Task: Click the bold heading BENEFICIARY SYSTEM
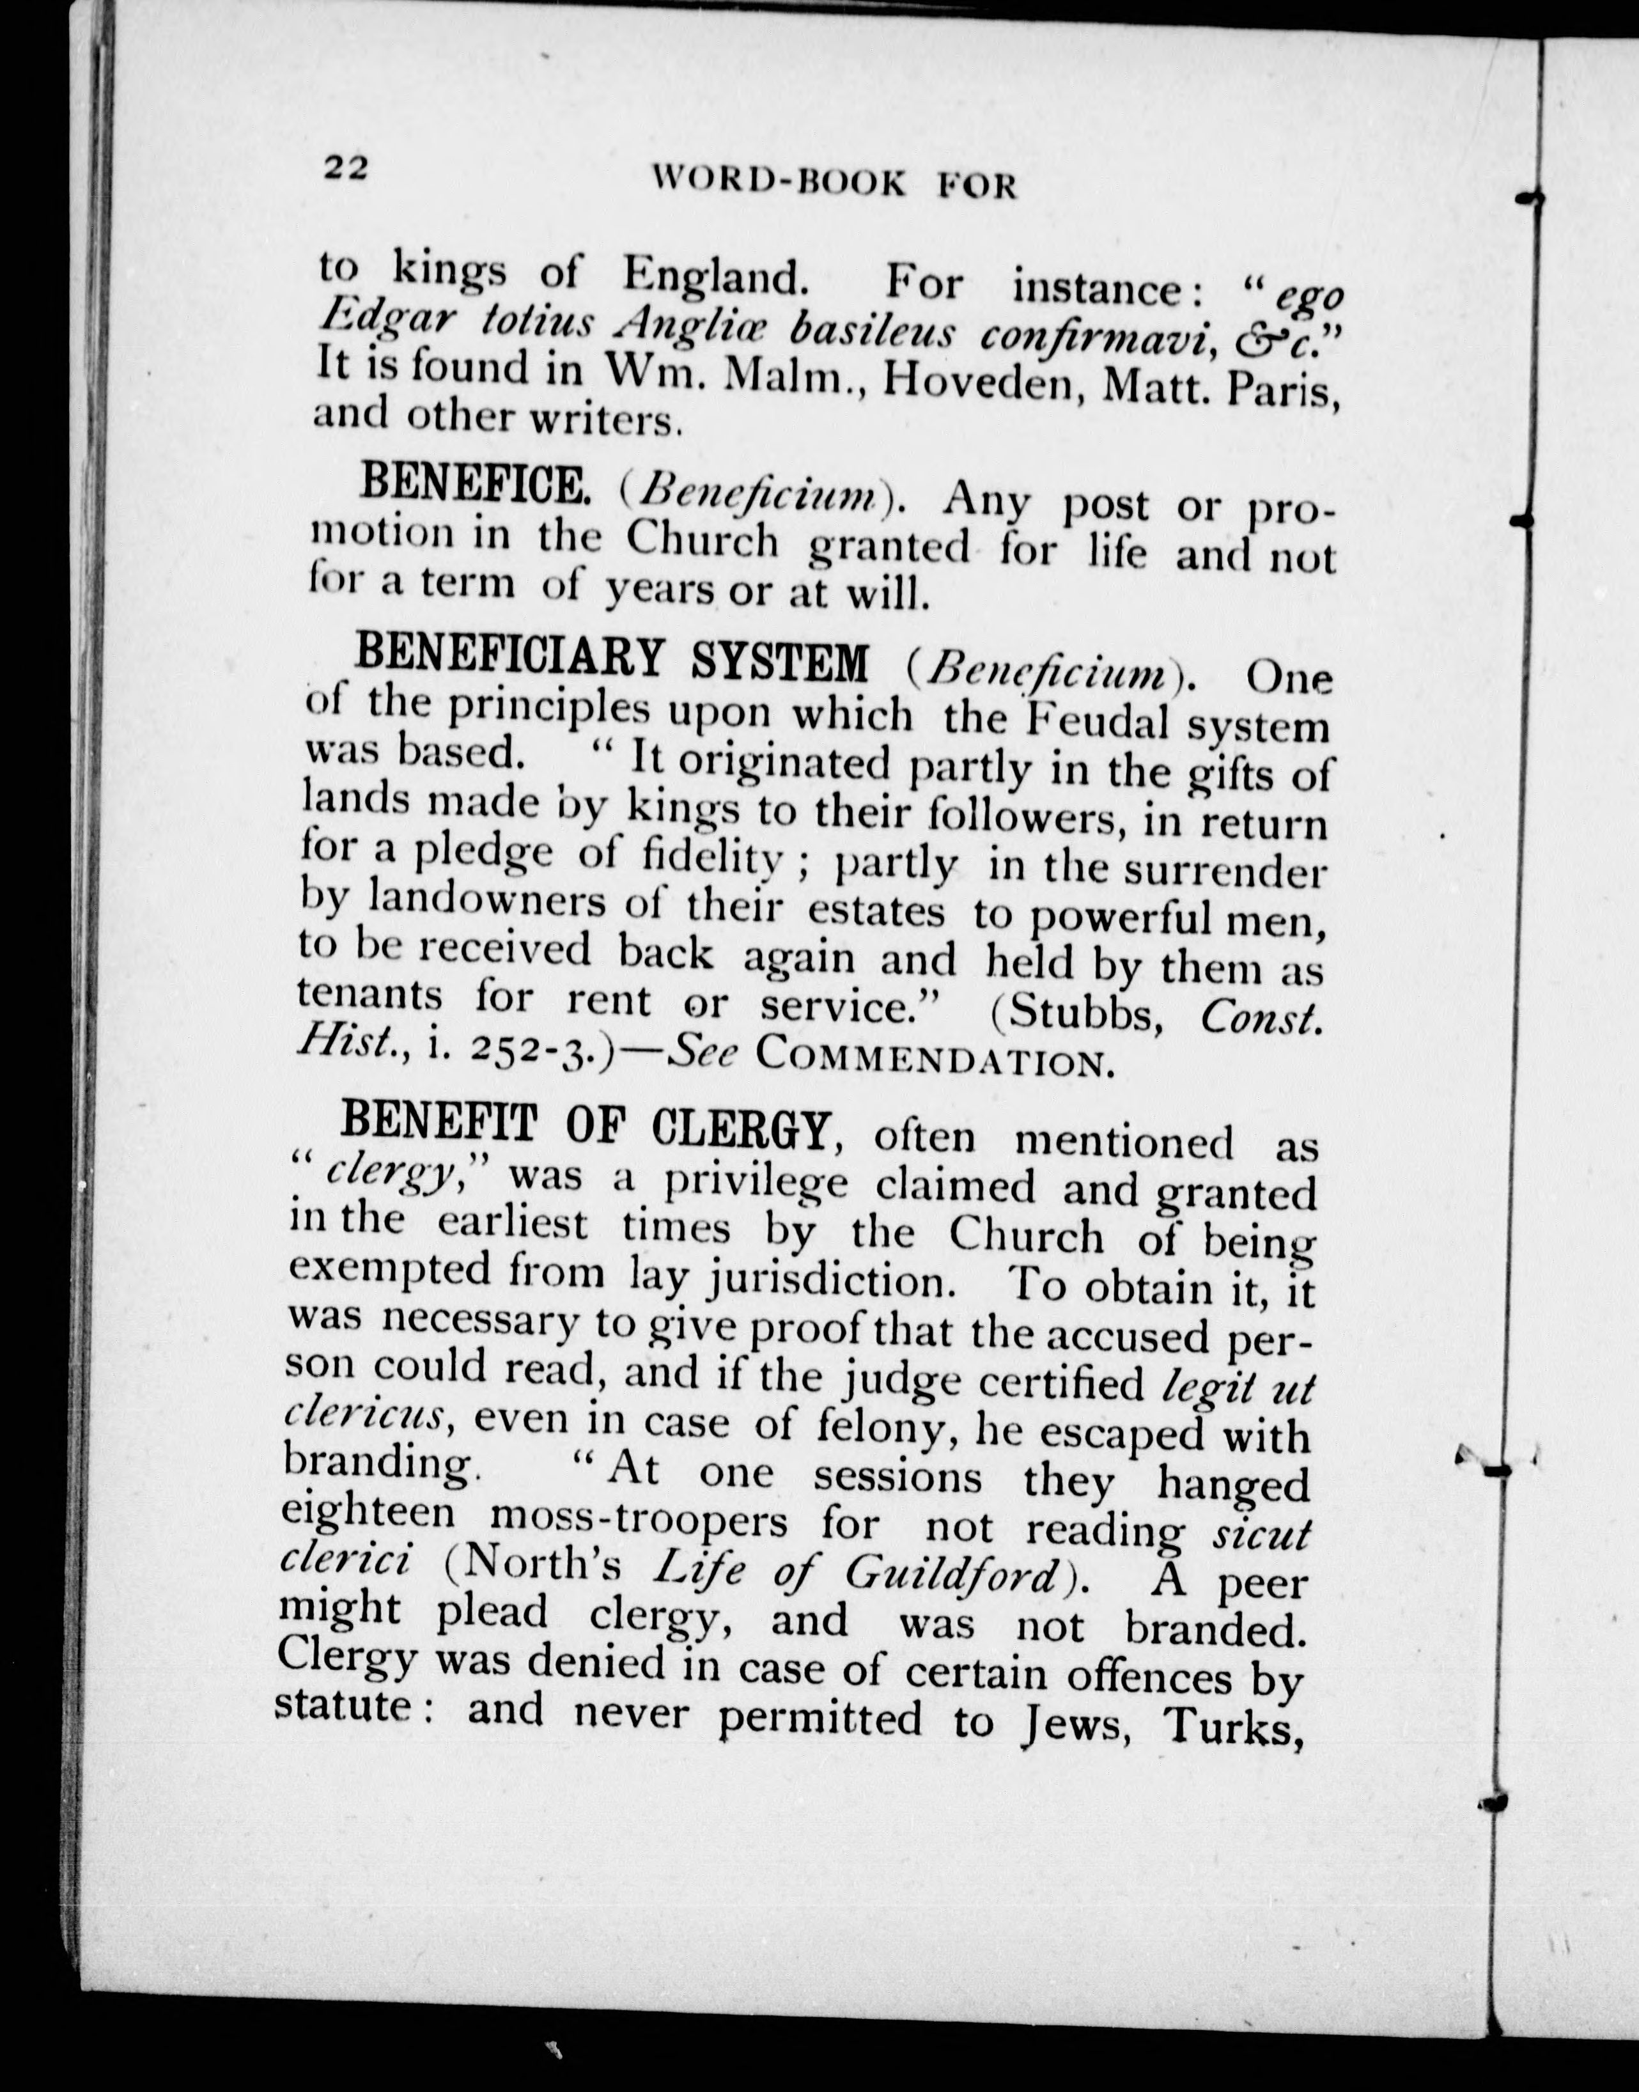[611, 660]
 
